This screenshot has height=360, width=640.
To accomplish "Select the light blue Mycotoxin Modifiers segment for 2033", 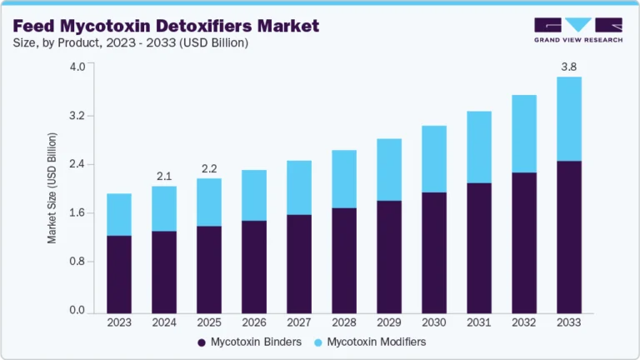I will (568, 118).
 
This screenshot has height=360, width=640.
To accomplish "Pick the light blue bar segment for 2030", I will (433, 159).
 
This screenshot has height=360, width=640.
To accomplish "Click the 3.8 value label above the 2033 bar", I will (568, 65).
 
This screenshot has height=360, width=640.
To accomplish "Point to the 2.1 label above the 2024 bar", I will (163, 175).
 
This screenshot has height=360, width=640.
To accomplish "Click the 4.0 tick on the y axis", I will (77, 67).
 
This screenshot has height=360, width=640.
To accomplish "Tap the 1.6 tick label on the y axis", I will (77, 213).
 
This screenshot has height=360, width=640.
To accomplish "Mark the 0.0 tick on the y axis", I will (77, 311).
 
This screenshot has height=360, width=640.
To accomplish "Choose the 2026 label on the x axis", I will (253, 322).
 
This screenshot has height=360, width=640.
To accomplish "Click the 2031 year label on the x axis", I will (478, 322).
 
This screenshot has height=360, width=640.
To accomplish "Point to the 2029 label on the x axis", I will (388, 322).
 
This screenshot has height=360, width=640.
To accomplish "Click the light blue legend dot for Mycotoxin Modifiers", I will (317, 342).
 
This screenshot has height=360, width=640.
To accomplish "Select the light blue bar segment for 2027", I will (298, 187).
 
